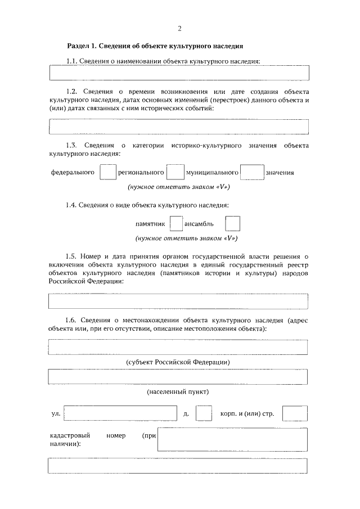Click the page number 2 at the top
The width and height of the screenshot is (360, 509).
pyautogui.click(x=179, y=29)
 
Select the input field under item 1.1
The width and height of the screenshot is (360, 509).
pyautogui.click(x=179, y=73)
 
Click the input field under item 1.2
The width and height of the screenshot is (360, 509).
pyautogui.click(x=179, y=127)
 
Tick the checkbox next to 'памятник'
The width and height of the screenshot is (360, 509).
pyautogui.click(x=176, y=224)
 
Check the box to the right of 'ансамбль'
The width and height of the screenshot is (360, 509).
pyautogui.click(x=232, y=224)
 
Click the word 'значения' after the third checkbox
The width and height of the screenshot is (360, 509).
pyautogui.click(x=280, y=173)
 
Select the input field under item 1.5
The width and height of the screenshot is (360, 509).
pyautogui.click(x=179, y=301)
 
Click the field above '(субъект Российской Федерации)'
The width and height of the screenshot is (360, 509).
pyautogui.click(x=179, y=347)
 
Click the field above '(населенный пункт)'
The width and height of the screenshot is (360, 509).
pyautogui.click(x=179, y=376)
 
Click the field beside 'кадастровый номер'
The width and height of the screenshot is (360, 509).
pyautogui.click(x=232, y=439)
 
